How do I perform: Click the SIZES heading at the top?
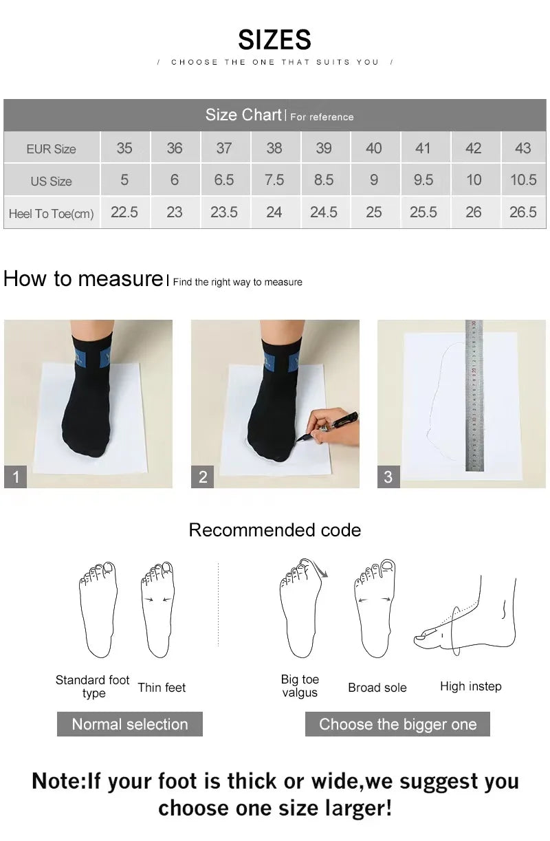point(274,40)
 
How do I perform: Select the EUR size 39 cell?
point(324,148)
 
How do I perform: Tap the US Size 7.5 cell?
point(274,180)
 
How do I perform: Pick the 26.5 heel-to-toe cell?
point(522,212)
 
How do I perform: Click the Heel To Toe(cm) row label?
point(51,214)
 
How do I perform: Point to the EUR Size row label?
point(51,149)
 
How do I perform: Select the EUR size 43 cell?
point(522,148)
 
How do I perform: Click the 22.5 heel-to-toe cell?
point(124,212)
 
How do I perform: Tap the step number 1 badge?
point(16,477)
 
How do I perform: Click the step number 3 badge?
point(388,477)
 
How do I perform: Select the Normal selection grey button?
point(129,724)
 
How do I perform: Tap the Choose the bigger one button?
point(397,724)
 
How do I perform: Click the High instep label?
point(470,686)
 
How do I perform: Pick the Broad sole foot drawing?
point(375,609)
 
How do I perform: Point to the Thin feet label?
point(162,688)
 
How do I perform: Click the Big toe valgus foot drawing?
point(301,609)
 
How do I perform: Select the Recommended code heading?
point(274,530)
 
